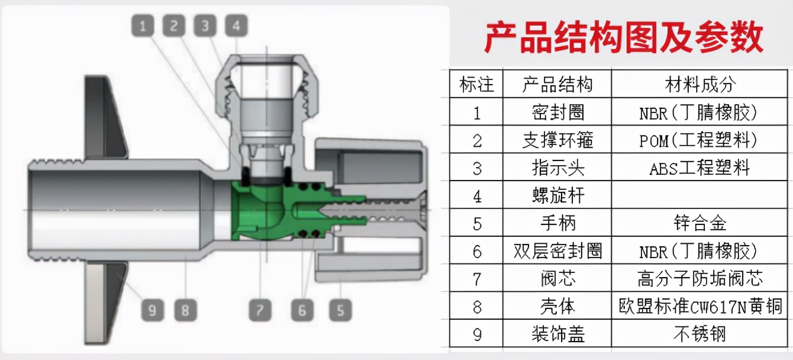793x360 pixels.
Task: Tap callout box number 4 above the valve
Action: click(x=236, y=25)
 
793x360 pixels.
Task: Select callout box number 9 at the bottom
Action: click(x=153, y=310)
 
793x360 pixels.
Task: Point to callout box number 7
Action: click(x=259, y=310)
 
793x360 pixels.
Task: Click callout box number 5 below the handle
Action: click(x=340, y=310)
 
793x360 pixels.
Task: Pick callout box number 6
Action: click(x=302, y=310)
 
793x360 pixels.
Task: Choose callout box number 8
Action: click(x=185, y=310)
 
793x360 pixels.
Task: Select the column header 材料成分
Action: click(x=699, y=84)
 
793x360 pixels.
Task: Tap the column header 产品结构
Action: click(x=557, y=84)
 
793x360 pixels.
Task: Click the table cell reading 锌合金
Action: click(x=699, y=223)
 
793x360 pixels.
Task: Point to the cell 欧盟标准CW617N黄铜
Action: click(x=699, y=307)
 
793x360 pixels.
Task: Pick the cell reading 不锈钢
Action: click(x=699, y=335)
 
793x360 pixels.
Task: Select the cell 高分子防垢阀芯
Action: click(x=699, y=278)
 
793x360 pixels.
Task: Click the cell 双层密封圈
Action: click(x=557, y=251)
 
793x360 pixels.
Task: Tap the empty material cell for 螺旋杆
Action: click(x=699, y=195)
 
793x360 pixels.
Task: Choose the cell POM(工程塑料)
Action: click(x=699, y=140)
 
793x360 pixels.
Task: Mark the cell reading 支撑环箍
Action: click(x=557, y=140)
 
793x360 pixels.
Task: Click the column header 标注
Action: click(x=476, y=84)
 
